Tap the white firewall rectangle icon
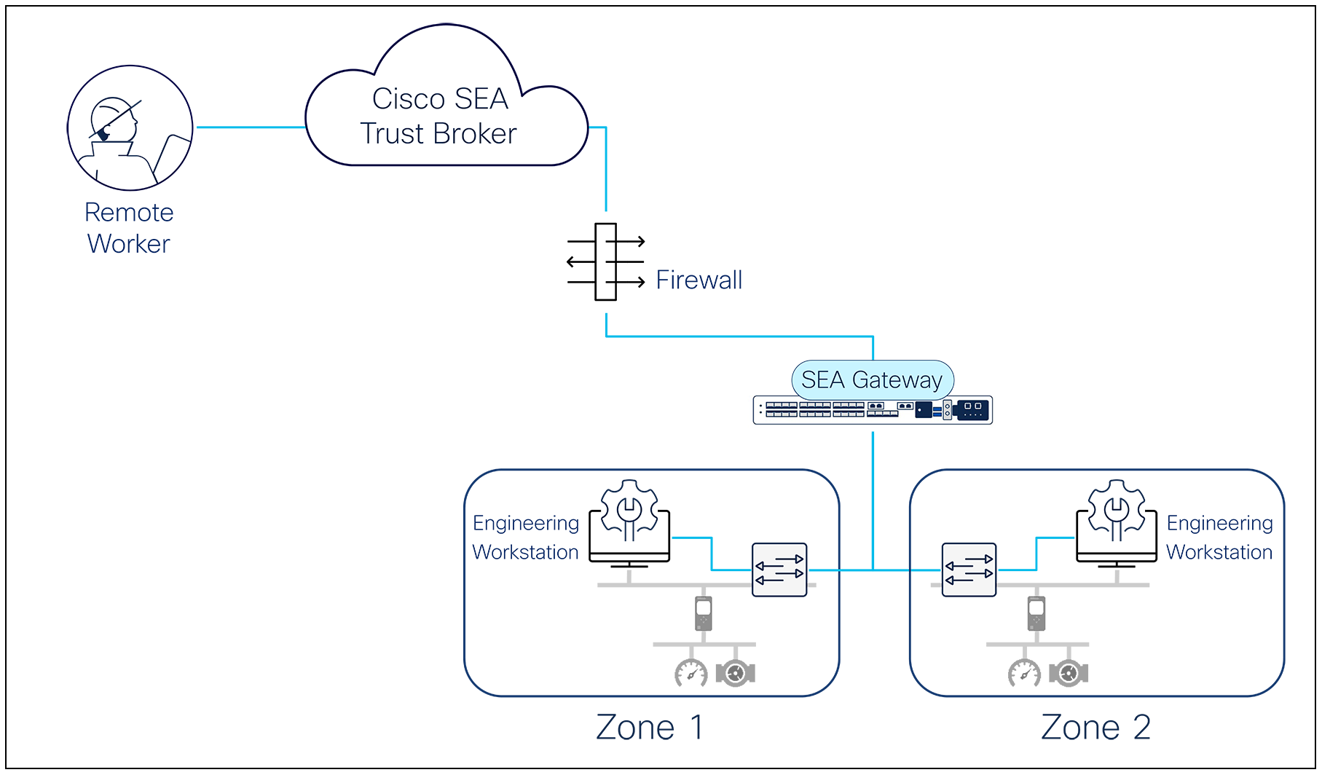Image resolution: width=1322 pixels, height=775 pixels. [605, 261]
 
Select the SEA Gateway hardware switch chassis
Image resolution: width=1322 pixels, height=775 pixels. [872, 410]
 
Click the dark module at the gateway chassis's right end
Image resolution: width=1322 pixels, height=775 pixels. [973, 410]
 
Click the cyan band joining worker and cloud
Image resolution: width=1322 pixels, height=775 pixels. [248, 127]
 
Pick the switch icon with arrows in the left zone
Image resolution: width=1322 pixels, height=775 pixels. [779, 570]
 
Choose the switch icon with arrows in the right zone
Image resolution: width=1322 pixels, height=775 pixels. [969, 570]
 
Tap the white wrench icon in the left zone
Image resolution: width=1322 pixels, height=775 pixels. [629, 512]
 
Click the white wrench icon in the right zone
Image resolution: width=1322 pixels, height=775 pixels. [1116, 512]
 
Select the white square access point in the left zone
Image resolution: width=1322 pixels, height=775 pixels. [703, 607]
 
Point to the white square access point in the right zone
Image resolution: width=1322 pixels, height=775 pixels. [1036, 607]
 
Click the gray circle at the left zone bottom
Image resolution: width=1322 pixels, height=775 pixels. [735, 673]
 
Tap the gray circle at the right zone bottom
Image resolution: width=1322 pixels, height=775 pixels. [1069, 673]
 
